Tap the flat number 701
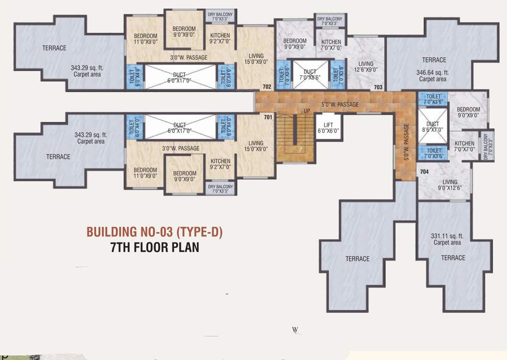(268, 117)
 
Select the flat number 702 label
(267, 87)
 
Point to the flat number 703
(378, 87)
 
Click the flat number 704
(424, 172)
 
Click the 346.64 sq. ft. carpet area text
(432, 75)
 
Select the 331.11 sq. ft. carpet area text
(447, 239)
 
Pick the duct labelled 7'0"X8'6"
(310, 75)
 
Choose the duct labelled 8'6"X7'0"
(432, 127)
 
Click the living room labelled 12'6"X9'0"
(365, 67)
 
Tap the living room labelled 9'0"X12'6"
(450, 185)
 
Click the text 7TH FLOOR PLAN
(155, 247)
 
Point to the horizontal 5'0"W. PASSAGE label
(340, 104)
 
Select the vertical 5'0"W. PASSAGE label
(406, 142)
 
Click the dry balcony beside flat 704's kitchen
(489, 145)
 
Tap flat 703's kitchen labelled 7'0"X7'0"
(331, 45)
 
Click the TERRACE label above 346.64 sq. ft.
(434, 60)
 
